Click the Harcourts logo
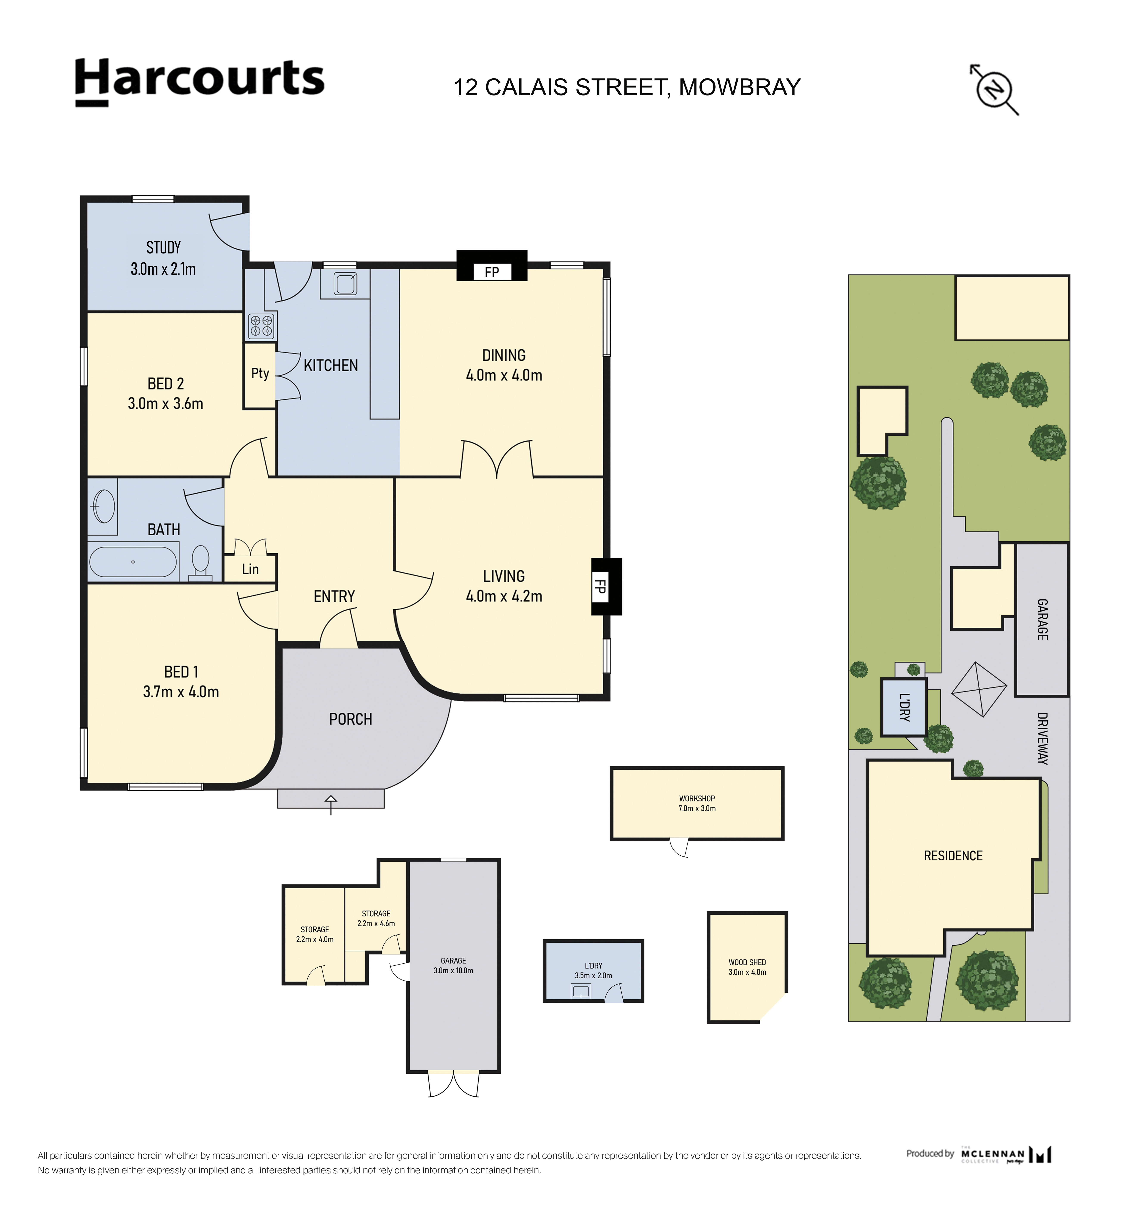tap(200, 82)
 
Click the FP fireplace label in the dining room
tap(492, 272)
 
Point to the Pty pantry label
tap(260, 374)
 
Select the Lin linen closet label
tap(250, 569)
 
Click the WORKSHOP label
tap(697, 798)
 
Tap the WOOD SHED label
tap(747, 962)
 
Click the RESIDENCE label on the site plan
tap(953, 856)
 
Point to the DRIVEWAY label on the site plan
tap(1042, 738)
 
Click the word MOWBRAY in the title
tap(740, 87)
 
